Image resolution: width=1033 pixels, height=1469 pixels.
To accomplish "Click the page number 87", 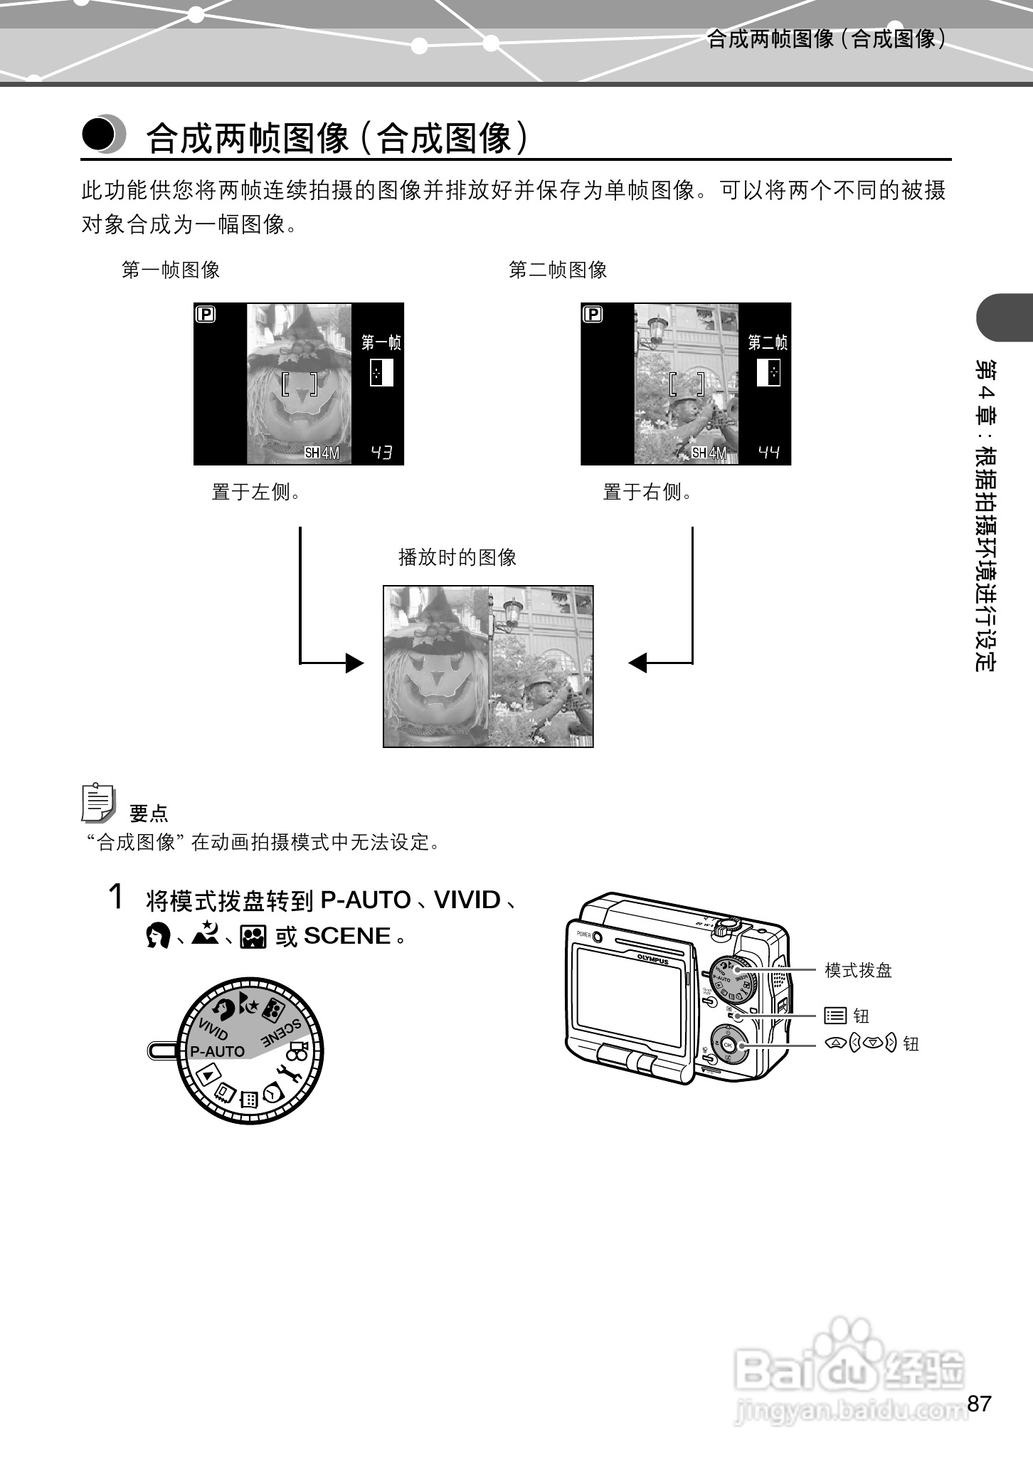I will tap(979, 1404).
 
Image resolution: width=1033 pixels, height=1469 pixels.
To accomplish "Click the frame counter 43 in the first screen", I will tap(381, 452).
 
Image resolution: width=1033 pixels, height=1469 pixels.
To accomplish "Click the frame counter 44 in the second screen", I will tap(768, 452).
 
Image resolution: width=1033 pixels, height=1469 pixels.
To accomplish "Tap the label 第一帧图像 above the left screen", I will tap(171, 270).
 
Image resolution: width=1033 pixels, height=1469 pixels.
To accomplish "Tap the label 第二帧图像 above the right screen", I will tap(558, 270).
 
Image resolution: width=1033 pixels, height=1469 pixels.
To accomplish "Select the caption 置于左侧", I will tap(256, 492).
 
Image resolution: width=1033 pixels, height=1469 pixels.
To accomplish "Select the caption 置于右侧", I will tap(647, 492).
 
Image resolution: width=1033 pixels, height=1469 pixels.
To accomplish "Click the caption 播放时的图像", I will tap(457, 557).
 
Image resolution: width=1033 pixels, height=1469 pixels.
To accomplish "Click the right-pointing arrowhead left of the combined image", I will tap(354, 663).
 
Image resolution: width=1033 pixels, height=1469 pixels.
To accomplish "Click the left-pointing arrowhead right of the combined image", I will tap(638, 663).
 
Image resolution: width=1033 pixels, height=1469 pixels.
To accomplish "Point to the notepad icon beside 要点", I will tap(98, 803).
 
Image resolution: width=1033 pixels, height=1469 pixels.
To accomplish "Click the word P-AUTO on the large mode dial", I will tap(217, 1051).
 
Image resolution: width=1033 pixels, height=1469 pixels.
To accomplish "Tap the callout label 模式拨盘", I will tap(858, 970).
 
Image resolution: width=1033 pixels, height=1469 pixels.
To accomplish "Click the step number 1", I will tap(116, 897).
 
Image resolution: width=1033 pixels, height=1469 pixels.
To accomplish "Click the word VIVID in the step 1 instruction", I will tap(467, 900).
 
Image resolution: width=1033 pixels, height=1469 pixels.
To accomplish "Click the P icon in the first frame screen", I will tap(206, 314).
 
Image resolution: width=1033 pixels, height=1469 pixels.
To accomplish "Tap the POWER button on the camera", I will tap(597, 937).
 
